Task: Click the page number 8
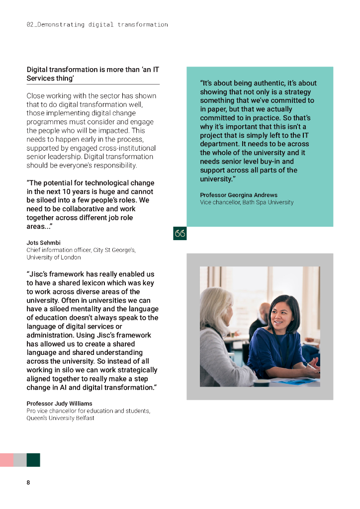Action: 28,482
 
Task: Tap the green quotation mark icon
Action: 180,233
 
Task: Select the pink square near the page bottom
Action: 6,460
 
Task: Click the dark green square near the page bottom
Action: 33,460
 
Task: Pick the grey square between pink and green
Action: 20,460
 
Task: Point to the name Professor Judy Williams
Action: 59,404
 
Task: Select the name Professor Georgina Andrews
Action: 239,195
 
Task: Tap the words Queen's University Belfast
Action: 60,418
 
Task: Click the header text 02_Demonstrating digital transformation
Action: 97,24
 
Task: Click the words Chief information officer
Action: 57,250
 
